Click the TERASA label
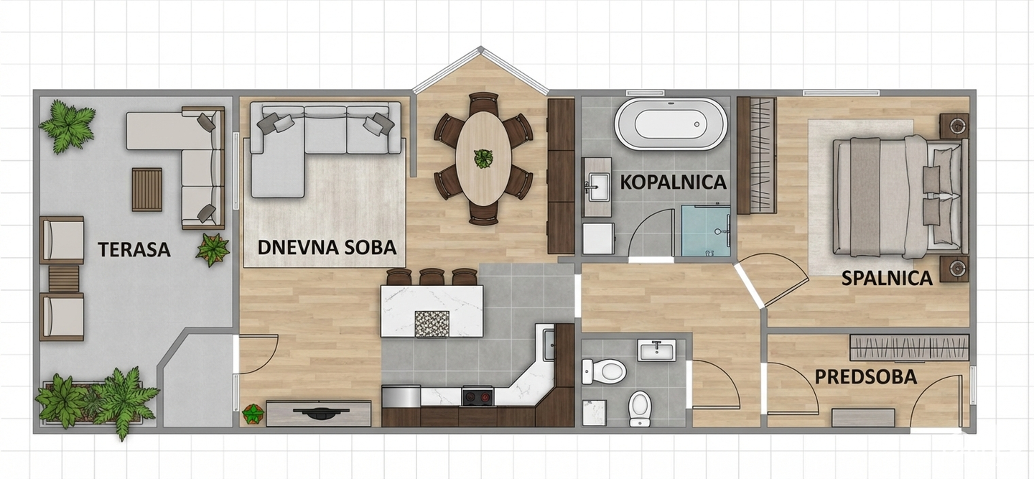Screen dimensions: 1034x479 (x=134, y=250)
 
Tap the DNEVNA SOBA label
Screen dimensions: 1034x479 (x=327, y=247)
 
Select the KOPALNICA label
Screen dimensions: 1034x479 (x=674, y=182)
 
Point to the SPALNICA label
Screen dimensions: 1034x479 (x=888, y=278)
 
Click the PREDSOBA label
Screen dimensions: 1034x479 (x=865, y=377)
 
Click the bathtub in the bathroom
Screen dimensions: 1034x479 (x=670, y=124)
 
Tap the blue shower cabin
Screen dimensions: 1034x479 (x=706, y=231)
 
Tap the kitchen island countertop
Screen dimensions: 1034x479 (x=432, y=310)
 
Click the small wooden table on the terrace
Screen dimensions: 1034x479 (x=147, y=189)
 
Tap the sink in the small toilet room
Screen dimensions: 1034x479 (x=657, y=350)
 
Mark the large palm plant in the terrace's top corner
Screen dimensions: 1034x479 (x=67, y=126)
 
